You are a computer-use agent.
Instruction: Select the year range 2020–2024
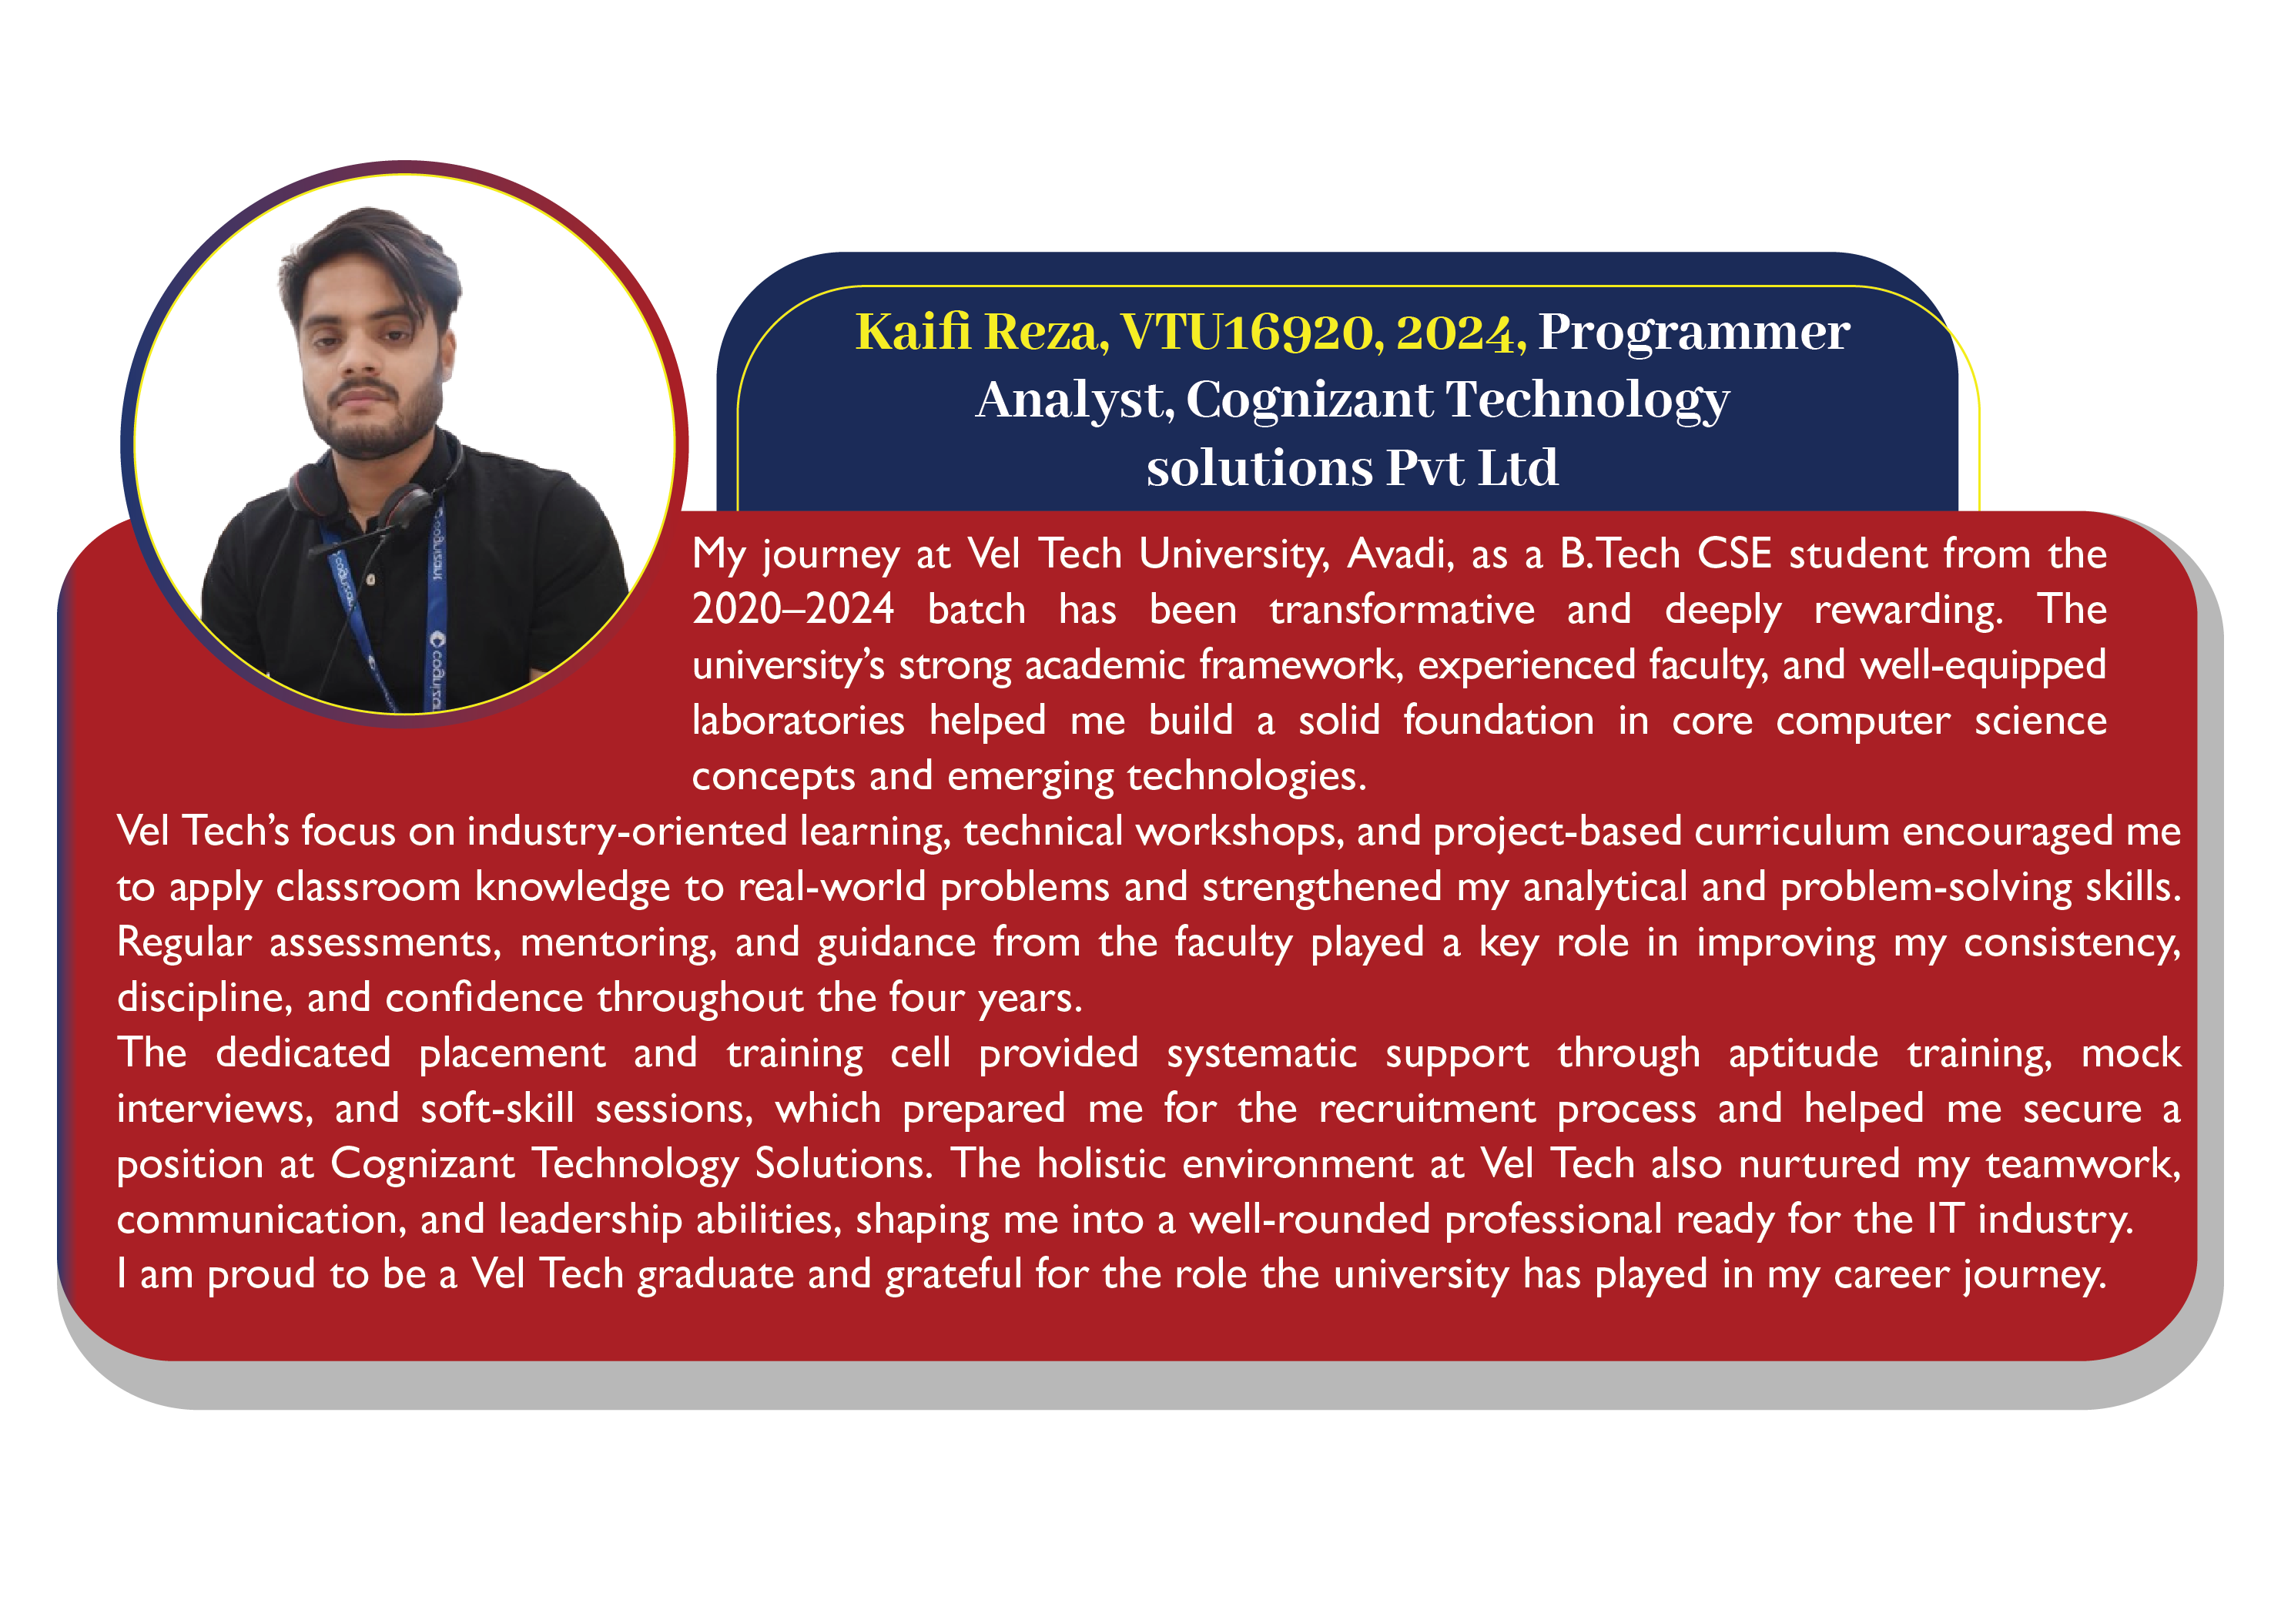(x=793, y=610)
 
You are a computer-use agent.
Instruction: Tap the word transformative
(x=1402, y=610)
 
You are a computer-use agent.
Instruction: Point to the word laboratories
(x=799, y=720)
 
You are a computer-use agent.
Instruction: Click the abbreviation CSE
(x=1735, y=554)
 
